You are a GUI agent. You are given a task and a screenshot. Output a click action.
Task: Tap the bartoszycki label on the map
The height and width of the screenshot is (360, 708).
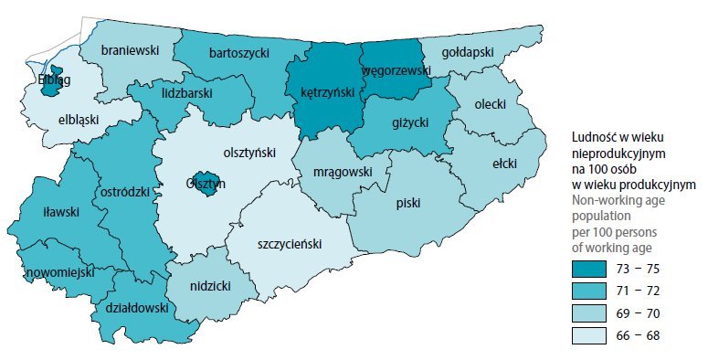238,53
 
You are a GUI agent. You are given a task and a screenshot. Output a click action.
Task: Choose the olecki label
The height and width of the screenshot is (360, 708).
491,104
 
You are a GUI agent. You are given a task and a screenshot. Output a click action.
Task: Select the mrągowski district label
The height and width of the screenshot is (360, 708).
342,171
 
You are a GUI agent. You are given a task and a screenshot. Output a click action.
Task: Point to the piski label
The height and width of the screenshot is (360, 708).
408,204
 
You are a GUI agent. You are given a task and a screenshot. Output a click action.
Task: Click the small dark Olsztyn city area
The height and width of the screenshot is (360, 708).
208,182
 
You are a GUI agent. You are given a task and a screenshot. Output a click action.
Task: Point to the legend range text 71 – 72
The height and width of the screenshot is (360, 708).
639,291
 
